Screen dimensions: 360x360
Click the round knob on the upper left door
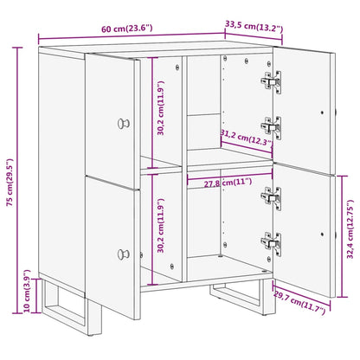tap(127, 121)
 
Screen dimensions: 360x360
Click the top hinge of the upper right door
tap(272, 81)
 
